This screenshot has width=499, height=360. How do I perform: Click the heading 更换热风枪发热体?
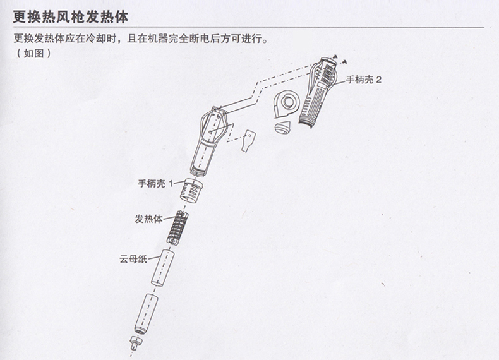(x=70, y=17)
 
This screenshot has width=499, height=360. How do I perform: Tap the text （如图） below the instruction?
(x=33, y=53)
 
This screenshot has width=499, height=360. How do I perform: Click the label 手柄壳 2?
(x=363, y=80)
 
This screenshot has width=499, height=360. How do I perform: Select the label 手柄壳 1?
(x=155, y=183)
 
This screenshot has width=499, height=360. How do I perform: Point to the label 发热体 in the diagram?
(x=148, y=219)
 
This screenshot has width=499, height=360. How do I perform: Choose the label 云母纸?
(x=133, y=259)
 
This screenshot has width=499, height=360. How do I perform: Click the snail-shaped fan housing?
(x=286, y=105)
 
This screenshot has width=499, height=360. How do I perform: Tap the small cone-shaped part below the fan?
(x=282, y=127)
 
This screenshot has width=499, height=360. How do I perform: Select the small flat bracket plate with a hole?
(x=248, y=140)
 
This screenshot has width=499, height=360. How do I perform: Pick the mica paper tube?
(x=162, y=267)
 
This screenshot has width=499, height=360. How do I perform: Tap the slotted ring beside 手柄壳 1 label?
(x=191, y=189)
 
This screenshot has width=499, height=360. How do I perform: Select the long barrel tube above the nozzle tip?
(x=146, y=313)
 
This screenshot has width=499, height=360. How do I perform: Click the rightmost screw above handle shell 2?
(x=345, y=61)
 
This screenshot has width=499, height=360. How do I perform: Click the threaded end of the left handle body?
(x=199, y=171)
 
